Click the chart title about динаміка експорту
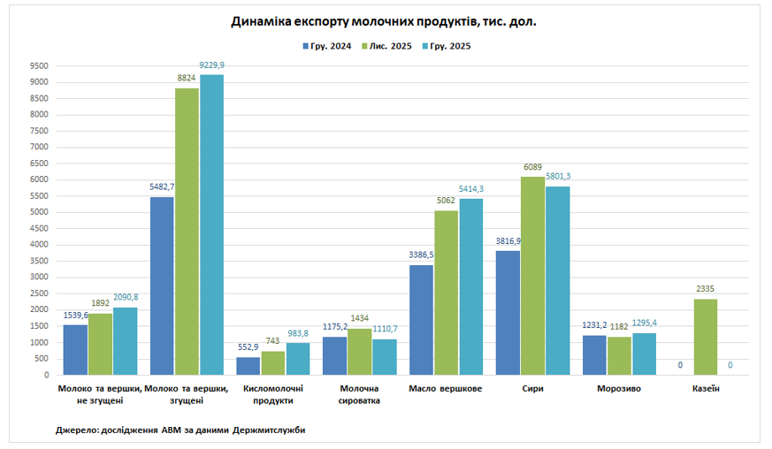click(x=384, y=22)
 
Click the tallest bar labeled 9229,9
click(x=211, y=224)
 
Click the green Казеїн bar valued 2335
click(x=706, y=337)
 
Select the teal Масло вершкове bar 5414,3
click(x=471, y=286)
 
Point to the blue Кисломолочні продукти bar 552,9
click(x=248, y=366)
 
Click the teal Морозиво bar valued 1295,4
click(x=644, y=354)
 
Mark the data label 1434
click(x=360, y=318)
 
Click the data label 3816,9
click(x=508, y=241)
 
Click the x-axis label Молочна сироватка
click(x=359, y=394)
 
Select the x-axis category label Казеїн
click(x=705, y=389)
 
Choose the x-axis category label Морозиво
click(x=619, y=389)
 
